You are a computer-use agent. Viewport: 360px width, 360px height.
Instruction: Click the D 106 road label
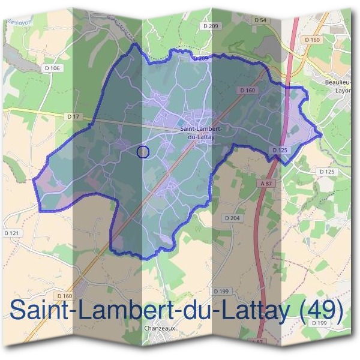[x=52, y=68]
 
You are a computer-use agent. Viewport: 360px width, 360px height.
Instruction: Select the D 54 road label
[x=260, y=20]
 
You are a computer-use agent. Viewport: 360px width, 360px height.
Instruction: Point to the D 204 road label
[x=231, y=218]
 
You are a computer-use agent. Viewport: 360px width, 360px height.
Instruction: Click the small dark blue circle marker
[x=143, y=152]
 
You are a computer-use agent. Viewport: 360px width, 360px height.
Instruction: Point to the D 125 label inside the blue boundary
[x=280, y=150]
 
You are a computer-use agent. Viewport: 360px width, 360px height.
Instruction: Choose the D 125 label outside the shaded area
[x=326, y=172]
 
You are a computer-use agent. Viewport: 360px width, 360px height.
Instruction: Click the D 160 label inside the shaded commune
[x=247, y=90]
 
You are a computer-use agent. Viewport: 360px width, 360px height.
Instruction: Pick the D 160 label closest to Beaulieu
[x=312, y=40]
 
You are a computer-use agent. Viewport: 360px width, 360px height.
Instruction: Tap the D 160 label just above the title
[x=65, y=296]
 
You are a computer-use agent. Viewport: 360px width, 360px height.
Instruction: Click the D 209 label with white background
[x=210, y=26]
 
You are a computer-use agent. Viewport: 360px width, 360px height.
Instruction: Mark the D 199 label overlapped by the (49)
[x=319, y=323]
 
